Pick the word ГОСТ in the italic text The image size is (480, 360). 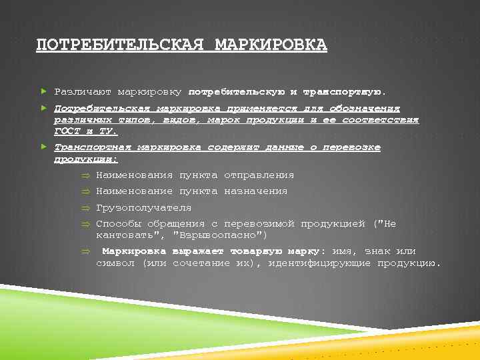tap(67, 131)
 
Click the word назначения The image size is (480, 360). tap(255, 191)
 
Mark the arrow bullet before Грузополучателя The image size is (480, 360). tap(85, 208)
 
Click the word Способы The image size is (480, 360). tap(118, 224)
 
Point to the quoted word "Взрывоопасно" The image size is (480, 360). tap(220, 235)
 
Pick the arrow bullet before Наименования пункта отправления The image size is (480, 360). tap(85, 175)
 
